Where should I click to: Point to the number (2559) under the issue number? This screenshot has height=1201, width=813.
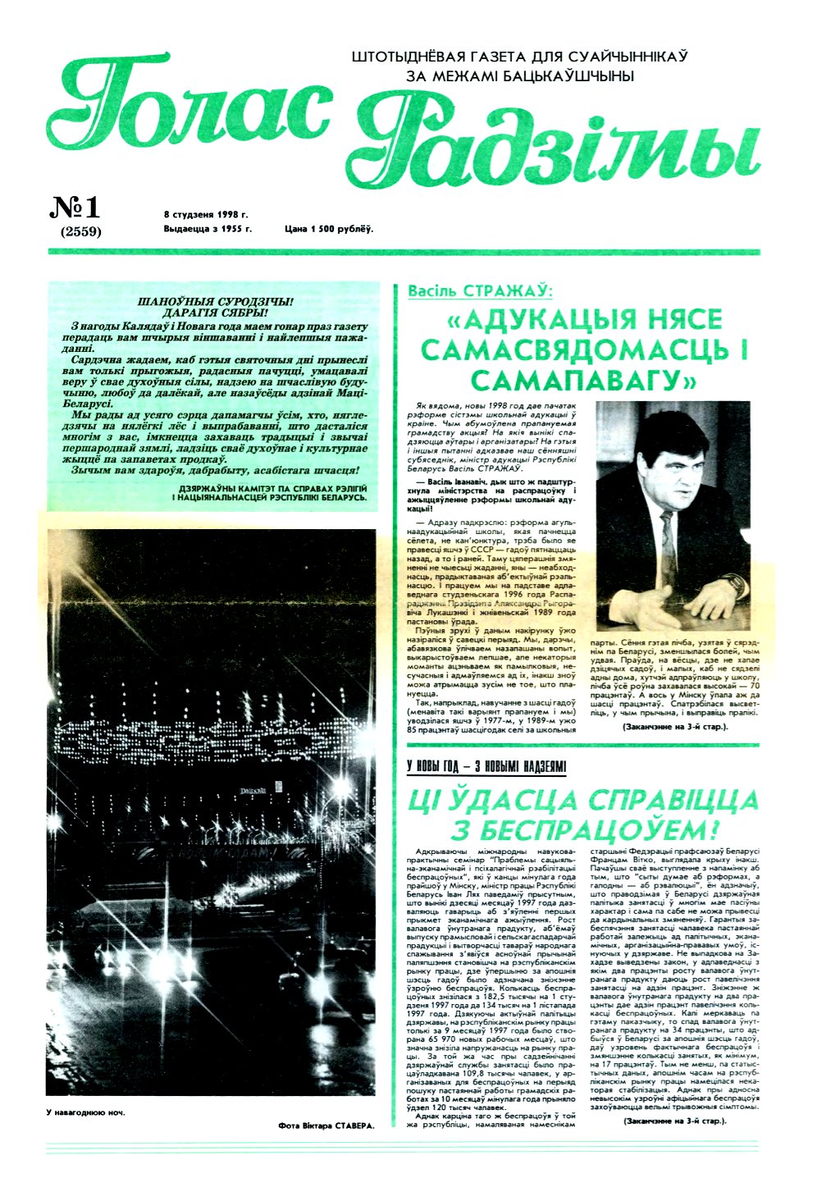(80, 231)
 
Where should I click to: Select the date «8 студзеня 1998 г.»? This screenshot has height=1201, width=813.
(205, 214)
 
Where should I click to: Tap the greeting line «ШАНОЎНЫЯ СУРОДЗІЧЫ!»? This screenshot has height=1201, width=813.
(212, 302)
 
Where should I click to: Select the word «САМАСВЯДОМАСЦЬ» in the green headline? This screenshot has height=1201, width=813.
(584, 349)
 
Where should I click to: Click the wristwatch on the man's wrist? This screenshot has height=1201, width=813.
(733, 584)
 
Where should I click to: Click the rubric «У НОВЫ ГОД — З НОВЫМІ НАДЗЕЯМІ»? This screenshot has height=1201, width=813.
(486, 766)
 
